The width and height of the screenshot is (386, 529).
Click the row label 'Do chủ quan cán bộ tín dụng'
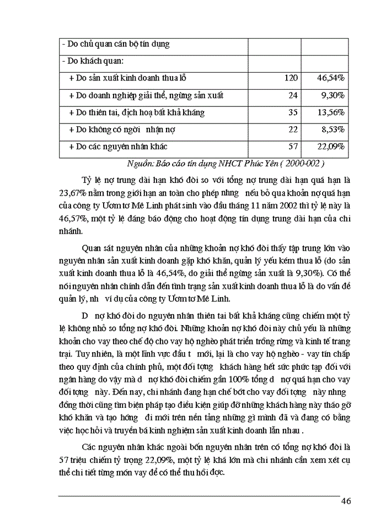coord(115,44)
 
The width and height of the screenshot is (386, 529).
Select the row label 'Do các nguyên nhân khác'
coord(118,147)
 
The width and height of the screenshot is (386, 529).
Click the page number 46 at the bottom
coord(346,501)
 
